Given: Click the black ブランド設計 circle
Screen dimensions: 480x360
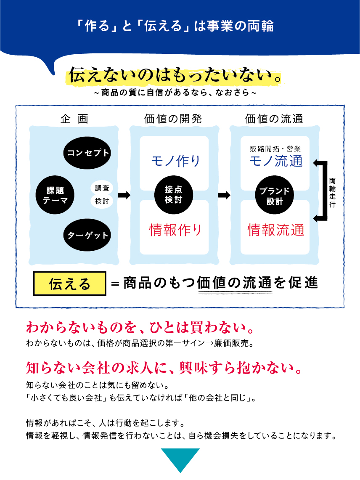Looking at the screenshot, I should [x=275, y=196].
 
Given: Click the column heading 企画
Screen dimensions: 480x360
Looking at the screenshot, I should [x=74, y=119].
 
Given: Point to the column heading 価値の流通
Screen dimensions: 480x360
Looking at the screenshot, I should [x=274, y=119].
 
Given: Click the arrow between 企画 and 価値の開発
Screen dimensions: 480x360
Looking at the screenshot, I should [x=124, y=195].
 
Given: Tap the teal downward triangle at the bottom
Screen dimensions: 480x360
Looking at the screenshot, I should [x=180, y=460].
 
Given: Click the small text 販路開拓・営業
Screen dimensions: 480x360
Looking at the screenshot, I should [x=275, y=149].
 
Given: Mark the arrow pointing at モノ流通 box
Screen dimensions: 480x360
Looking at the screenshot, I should [x=319, y=163].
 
